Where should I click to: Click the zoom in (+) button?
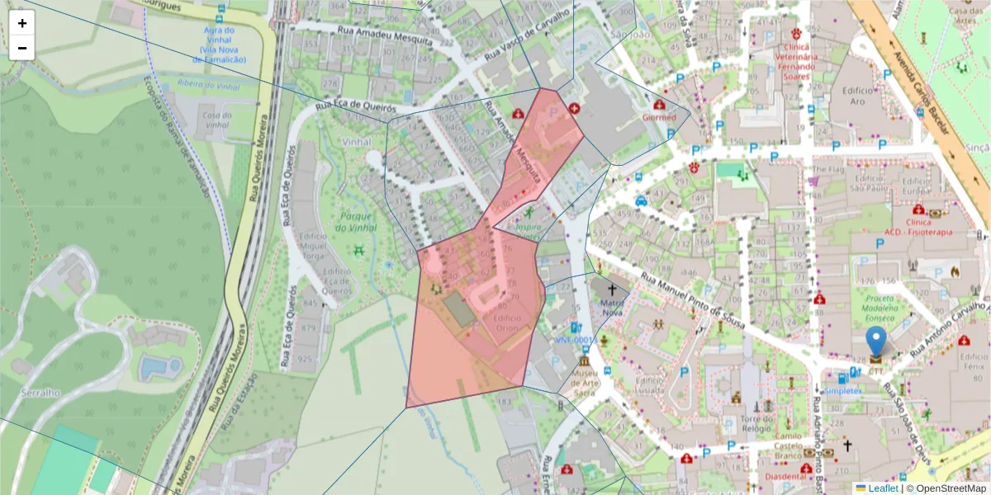[x=22, y=23]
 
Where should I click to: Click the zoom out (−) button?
[x=22, y=48]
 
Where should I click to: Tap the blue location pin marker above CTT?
[x=875, y=343]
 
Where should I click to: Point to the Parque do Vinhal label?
[x=358, y=222]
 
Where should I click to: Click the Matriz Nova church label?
[x=613, y=307]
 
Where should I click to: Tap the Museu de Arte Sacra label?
[x=584, y=384]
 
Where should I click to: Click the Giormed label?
[x=659, y=117]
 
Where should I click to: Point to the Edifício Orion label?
[x=507, y=323]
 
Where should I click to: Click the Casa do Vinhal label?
[x=216, y=120]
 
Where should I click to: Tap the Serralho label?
[x=41, y=393]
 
